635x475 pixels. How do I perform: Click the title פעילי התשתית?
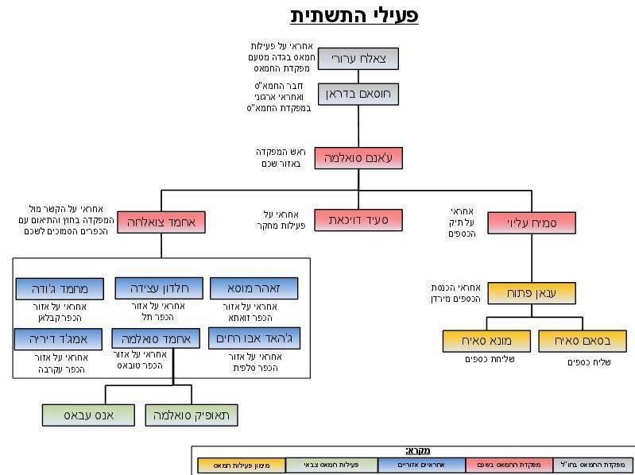click(354, 15)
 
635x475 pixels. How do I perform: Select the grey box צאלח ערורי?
click(358, 59)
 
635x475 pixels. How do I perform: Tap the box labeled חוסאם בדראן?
click(358, 95)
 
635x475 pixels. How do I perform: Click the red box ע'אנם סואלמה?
click(358, 158)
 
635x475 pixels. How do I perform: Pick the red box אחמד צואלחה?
click(161, 222)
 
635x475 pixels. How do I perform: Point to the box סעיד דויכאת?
click(358, 219)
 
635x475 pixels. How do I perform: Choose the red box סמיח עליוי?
click(531, 222)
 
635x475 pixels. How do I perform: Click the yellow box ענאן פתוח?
click(531, 293)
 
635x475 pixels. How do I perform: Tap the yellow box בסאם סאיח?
click(582, 341)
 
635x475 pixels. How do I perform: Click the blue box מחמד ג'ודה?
click(61, 288)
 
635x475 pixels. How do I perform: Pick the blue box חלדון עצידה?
click(158, 288)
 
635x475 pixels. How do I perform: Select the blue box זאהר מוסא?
click(254, 288)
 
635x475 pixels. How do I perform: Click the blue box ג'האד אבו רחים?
click(254, 338)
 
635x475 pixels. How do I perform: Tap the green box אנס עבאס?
click(88, 415)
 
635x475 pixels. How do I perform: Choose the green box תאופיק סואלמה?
click(191, 415)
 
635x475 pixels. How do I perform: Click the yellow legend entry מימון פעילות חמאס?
click(241, 465)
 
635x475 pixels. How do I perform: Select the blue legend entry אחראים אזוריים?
click(422, 465)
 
